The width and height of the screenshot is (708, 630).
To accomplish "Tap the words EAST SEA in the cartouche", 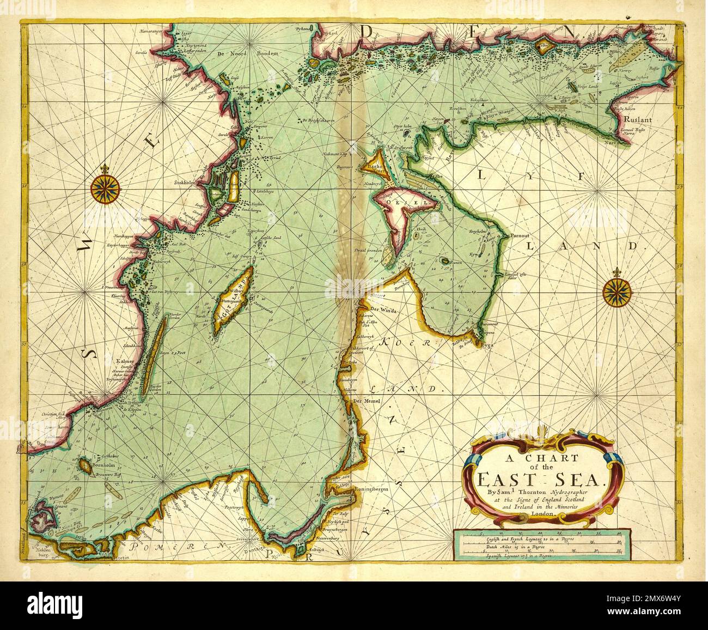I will click(537, 480).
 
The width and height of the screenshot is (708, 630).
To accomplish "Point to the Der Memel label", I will click(365, 401).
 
